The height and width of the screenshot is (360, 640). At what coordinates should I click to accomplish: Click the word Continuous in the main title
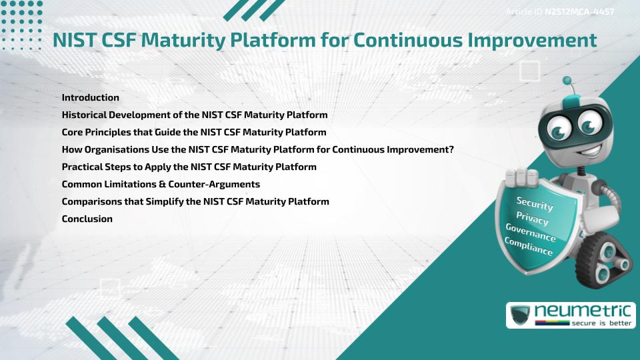pyautogui.click(x=407, y=41)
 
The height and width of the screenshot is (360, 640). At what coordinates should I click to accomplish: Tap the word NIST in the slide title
pyautogui.click(x=76, y=41)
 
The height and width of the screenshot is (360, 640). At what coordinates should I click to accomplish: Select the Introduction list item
pyautogui.click(x=90, y=97)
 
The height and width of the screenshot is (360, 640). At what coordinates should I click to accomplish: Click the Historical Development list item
pyautogui.click(x=194, y=115)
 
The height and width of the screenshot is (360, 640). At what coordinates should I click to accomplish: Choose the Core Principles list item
pyautogui.click(x=193, y=132)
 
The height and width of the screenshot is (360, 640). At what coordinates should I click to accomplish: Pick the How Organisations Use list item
pyautogui.click(x=257, y=149)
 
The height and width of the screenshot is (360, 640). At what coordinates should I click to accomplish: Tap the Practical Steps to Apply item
pyautogui.click(x=189, y=167)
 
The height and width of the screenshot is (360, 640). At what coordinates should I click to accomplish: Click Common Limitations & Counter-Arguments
pyautogui.click(x=161, y=184)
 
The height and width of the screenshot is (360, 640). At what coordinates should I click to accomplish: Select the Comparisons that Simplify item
pyautogui.click(x=195, y=201)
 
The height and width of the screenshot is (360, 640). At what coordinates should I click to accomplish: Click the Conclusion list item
pyautogui.click(x=87, y=219)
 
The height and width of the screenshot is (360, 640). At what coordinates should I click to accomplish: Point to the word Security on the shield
pyautogui.click(x=535, y=203)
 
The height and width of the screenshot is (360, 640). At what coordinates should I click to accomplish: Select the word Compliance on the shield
pyautogui.click(x=528, y=247)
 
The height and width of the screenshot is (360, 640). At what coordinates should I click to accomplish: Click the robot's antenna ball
pyautogui.click(x=567, y=81)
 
